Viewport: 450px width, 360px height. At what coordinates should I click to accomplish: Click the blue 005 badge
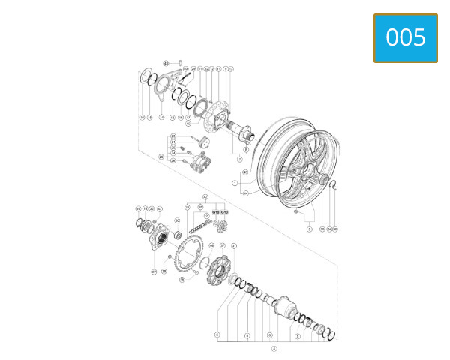pyautogui.click(x=406, y=37)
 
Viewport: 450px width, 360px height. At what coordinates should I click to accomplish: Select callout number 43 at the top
pyautogui.click(x=166, y=63)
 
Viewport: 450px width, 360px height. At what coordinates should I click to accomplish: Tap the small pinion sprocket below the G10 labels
pyautogui.click(x=220, y=224)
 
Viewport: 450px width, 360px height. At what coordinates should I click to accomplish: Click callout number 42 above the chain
pyautogui.click(x=205, y=196)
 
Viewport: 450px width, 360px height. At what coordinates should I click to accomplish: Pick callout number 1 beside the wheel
pyautogui.click(x=235, y=182)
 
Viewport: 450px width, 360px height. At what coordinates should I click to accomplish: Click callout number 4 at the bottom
pyautogui.click(x=274, y=348)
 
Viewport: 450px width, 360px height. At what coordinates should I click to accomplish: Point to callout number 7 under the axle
pyautogui.click(x=239, y=160)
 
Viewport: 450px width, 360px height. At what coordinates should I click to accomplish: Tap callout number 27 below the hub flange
pyautogui.click(x=154, y=271)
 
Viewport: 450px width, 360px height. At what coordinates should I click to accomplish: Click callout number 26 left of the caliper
pyautogui.click(x=160, y=157)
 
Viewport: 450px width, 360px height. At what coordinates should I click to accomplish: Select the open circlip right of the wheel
pyautogui.click(x=334, y=188)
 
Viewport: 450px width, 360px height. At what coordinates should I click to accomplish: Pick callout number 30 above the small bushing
pyautogui.click(x=177, y=220)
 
